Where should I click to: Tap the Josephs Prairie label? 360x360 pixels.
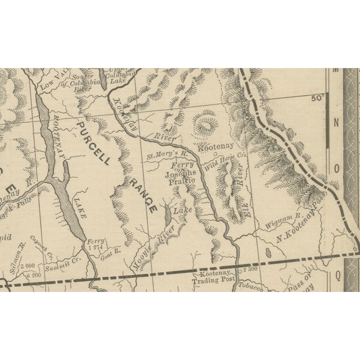click(180, 178)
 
